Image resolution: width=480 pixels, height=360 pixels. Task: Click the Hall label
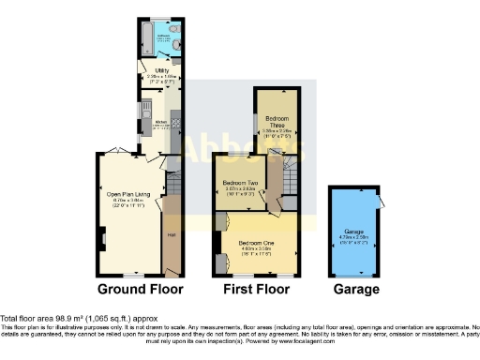click(x=172, y=234)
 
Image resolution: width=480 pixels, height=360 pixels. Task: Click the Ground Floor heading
click(x=140, y=290)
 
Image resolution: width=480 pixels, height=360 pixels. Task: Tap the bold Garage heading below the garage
click(x=356, y=290)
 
